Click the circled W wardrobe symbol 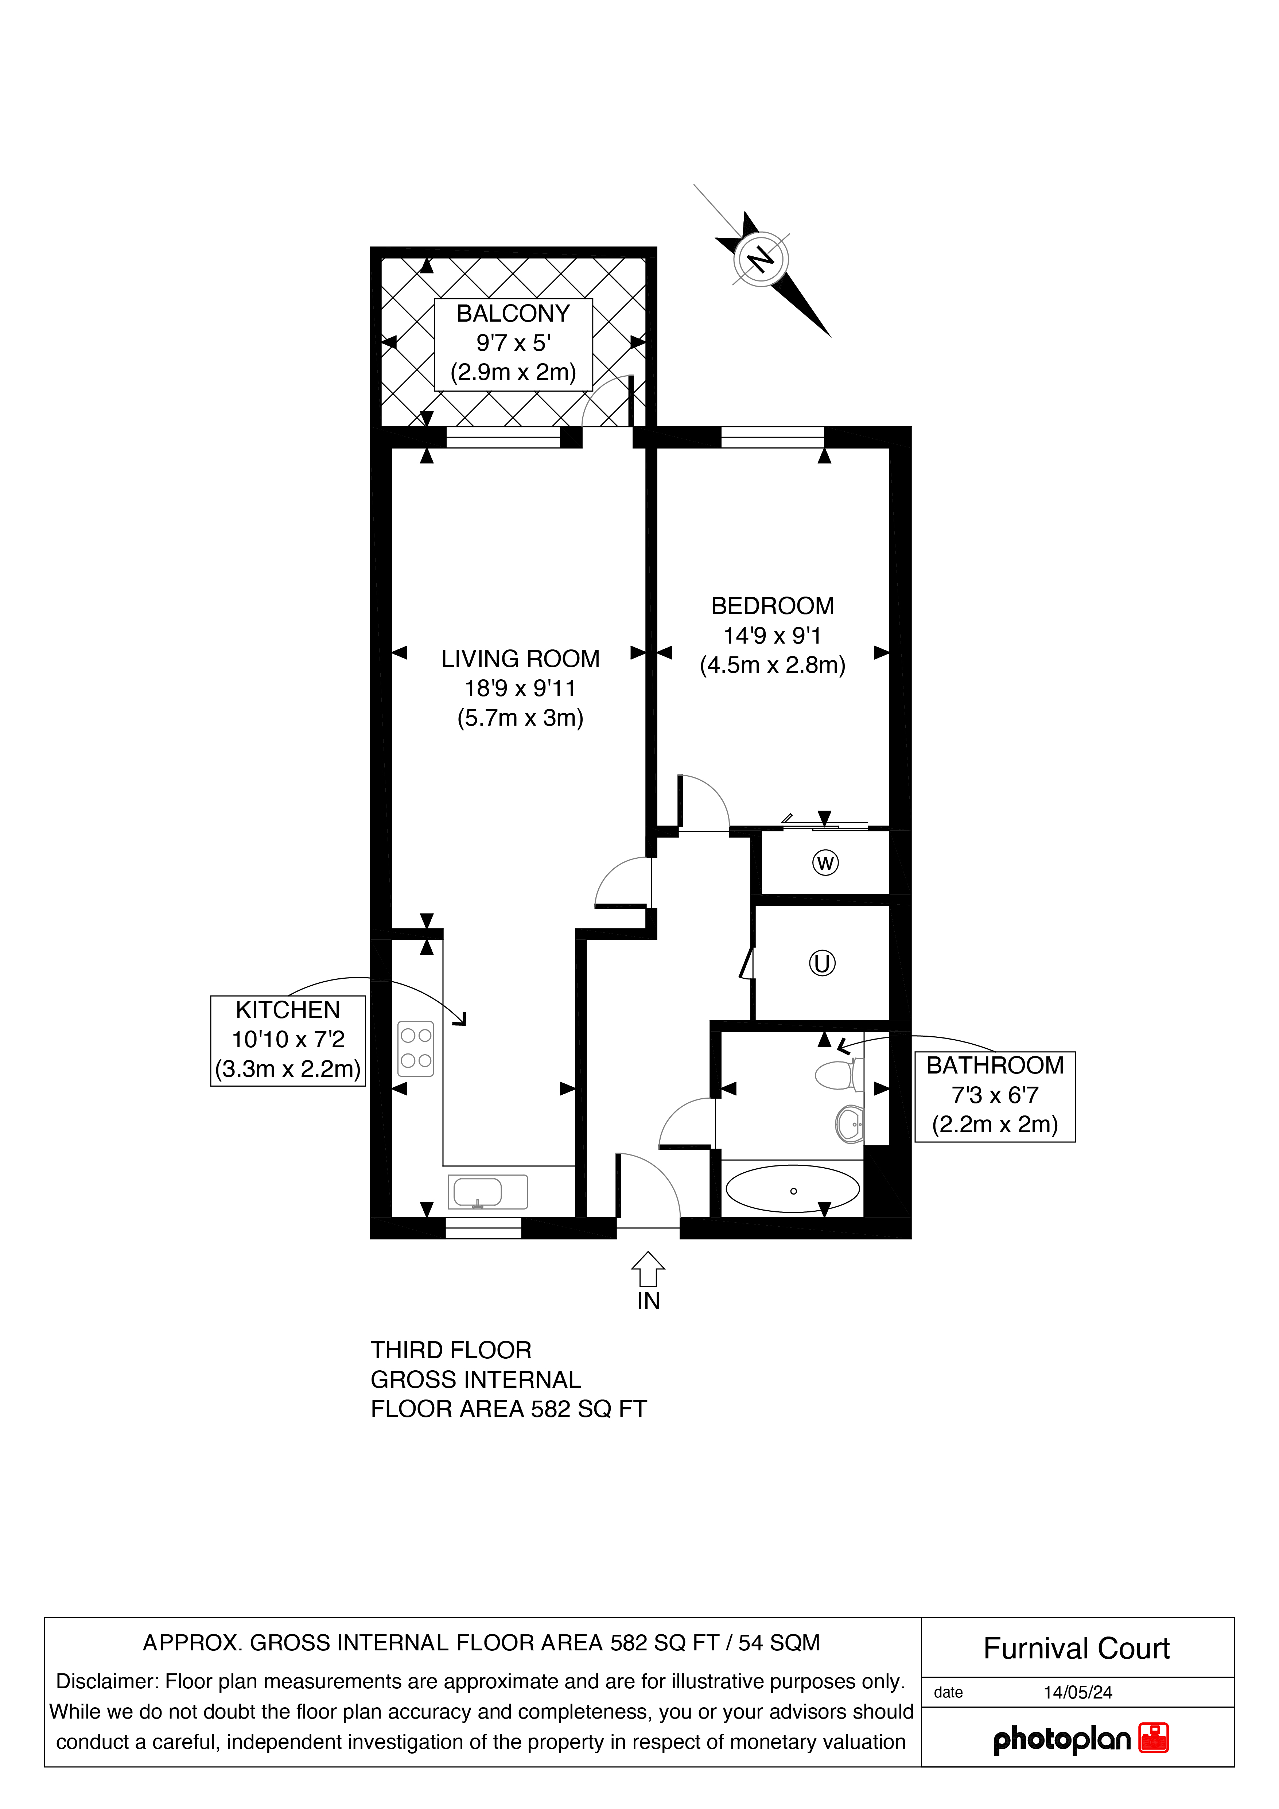coord(825,863)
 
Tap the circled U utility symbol coord(822,963)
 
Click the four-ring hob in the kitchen coord(416,1049)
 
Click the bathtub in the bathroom coord(792,1188)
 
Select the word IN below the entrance coord(648,1301)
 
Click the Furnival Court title coord(1077,1648)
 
